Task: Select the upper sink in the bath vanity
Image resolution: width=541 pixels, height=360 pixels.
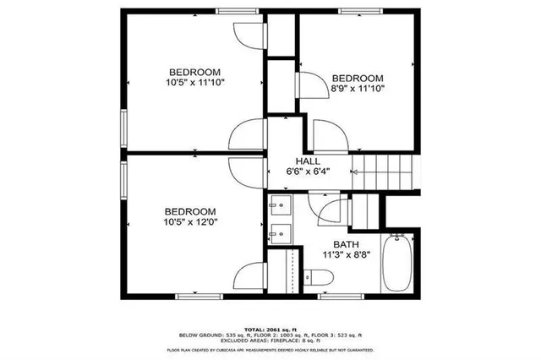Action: click(280, 205)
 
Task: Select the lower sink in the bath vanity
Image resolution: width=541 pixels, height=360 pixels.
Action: click(280, 234)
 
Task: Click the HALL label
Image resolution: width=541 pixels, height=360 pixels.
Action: click(308, 161)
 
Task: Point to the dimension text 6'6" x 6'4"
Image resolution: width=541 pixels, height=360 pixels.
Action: click(308, 172)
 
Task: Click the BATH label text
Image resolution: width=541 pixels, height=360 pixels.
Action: click(335, 243)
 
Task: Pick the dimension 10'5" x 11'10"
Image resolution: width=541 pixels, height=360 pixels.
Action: click(194, 82)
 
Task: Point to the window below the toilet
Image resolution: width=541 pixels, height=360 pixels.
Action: click(342, 296)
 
